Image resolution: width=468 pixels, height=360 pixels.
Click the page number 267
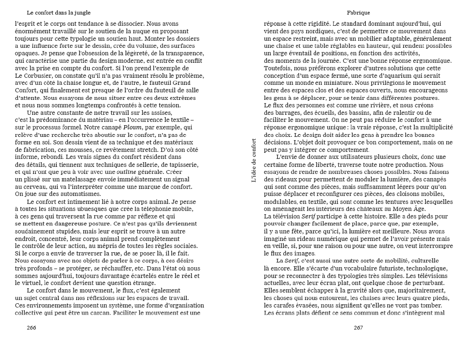(x=358, y=327)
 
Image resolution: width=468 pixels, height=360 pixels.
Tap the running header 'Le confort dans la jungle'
(x=59, y=12)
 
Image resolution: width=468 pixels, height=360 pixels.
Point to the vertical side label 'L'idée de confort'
(x=254, y=160)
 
